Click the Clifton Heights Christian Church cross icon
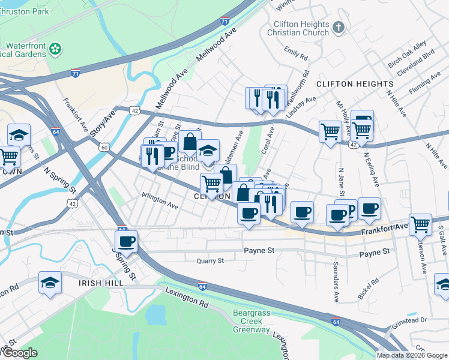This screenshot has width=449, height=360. point(339,27)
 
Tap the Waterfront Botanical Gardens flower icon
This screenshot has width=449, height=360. point(55,48)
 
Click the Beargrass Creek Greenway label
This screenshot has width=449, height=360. point(251,322)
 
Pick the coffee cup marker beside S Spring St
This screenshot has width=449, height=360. point(126,242)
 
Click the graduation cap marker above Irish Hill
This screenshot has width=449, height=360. point(50,283)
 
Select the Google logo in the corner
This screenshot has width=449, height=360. point(20,353)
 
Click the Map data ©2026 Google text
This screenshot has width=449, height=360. point(411,355)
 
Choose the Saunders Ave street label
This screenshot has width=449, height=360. point(336,273)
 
